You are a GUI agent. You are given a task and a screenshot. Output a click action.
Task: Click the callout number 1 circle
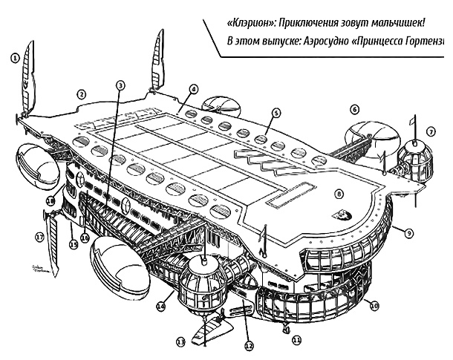click(14, 56)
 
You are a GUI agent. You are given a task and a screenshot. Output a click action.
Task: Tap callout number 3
click(120, 85)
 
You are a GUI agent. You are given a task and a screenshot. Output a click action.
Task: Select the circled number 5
click(276, 113)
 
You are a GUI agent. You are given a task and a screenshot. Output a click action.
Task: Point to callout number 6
click(354, 109)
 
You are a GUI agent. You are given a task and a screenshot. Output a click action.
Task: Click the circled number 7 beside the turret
click(430, 131)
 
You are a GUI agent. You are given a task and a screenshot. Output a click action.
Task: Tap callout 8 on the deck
click(339, 194)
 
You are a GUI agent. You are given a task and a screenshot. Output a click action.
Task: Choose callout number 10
click(374, 304)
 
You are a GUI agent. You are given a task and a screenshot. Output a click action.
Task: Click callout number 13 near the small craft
click(180, 342)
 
